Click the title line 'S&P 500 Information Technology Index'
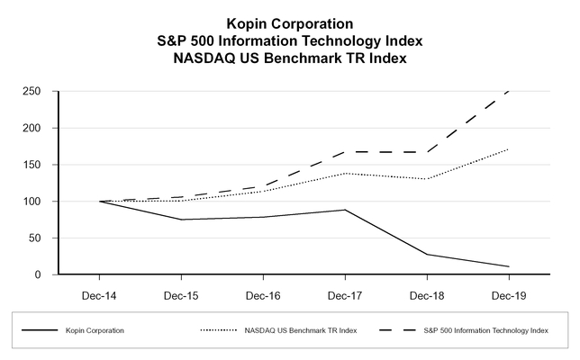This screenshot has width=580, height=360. [290, 40]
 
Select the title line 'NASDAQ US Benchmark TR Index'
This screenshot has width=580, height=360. [290, 58]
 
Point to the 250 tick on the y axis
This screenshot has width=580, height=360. [31, 92]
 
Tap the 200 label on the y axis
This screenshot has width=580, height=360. [31, 128]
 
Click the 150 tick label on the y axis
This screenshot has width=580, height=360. [31, 165]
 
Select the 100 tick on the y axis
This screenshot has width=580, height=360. [31, 202]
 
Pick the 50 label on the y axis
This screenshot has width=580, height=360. [33, 238]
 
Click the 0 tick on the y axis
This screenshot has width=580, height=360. [37, 274]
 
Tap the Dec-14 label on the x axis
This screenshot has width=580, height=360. [99, 294]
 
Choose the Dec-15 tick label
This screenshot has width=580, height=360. [181, 294]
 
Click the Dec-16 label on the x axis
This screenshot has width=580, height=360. [263, 294]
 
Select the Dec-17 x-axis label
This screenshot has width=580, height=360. [345, 294]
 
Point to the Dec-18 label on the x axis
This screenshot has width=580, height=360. [427, 294]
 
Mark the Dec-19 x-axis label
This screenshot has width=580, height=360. [509, 294]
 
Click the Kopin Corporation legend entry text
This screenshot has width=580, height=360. [95, 331]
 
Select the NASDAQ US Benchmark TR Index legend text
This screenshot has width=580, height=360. [300, 331]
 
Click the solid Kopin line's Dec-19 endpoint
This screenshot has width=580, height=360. [509, 266]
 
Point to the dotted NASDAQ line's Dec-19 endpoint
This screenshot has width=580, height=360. [509, 148]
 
